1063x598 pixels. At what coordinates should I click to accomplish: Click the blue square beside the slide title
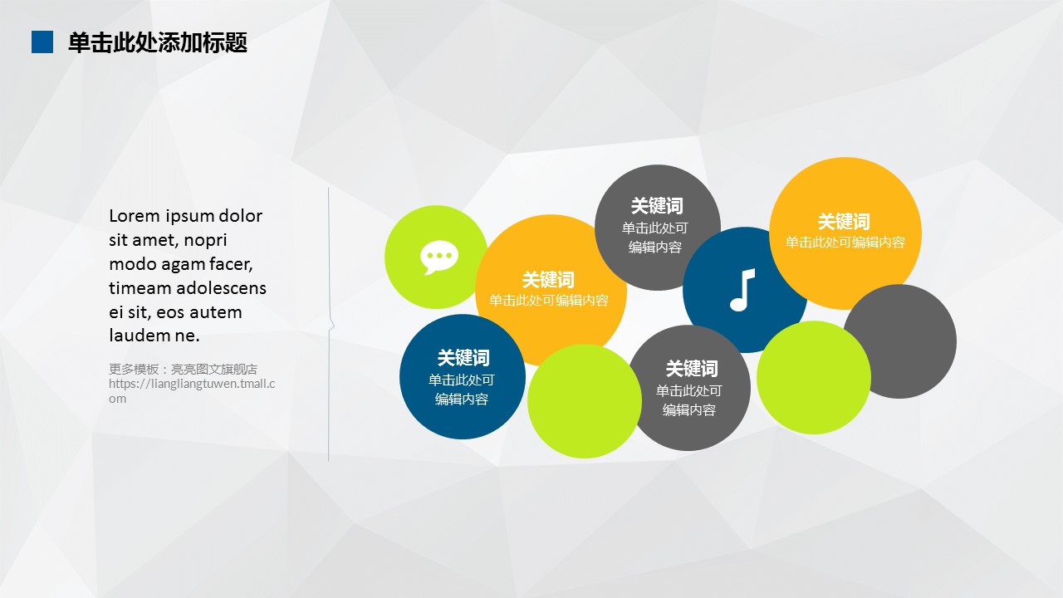tap(42, 42)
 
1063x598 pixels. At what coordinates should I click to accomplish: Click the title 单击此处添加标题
tap(158, 42)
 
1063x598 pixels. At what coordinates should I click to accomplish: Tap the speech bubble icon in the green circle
tap(439, 257)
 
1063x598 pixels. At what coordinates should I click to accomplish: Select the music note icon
tap(742, 290)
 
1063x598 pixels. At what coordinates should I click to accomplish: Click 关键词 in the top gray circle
tap(657, 206)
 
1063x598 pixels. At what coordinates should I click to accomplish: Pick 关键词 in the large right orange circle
tap(844, 221)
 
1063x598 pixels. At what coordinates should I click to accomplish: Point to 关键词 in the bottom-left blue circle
tap(463, 358)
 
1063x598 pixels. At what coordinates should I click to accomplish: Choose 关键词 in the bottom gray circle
tap(692, 368)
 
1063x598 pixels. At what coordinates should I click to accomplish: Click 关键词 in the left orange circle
tap(548, 280)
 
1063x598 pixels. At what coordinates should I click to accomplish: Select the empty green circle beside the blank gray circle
tap(813, 377)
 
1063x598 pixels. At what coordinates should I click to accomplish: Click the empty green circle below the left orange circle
tap(584, 401)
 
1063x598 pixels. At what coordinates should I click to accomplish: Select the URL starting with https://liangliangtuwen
tap(192, 390)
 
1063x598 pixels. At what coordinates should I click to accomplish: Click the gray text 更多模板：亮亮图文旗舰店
tap(184, 369)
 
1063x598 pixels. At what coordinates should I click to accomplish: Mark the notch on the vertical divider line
tap(331, 325)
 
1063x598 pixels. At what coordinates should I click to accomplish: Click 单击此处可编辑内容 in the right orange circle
tap(845, 242)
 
